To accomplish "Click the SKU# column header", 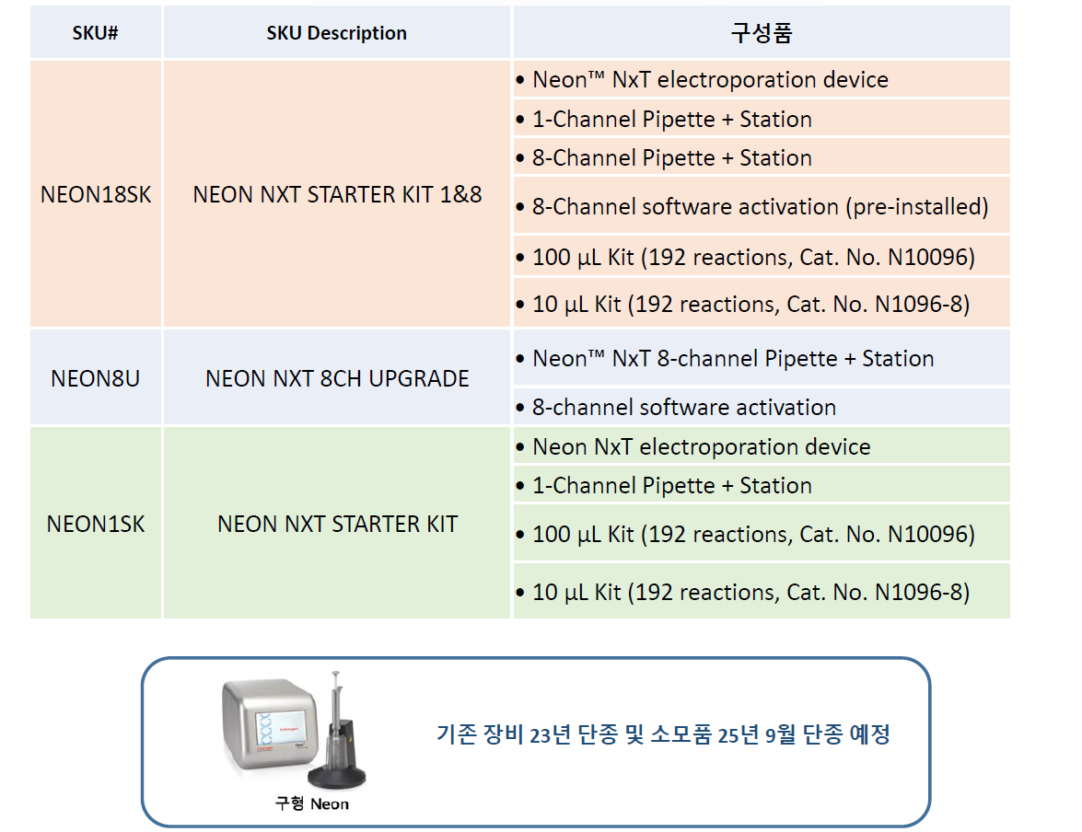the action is [x=95, y=32].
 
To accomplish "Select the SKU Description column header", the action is [x=337, y=32].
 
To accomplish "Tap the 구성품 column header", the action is [x=762, y=32].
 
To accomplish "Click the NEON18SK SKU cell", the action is [x=95, y=194].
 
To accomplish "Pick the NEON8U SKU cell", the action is [x=95, y=378].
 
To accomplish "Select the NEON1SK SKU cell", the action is [x=95, y=524].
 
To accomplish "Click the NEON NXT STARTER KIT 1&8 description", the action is [x=337, y=194].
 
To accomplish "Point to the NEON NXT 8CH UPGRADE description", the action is [x=337, y=378].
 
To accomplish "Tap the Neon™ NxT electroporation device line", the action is [x=710, y=79].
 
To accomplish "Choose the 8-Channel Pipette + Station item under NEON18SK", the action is [x=671, y=158].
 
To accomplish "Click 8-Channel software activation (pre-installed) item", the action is [x=760, y=206].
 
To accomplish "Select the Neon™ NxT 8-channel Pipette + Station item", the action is [x=733, y=359].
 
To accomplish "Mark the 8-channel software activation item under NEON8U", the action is [x=684, y=407].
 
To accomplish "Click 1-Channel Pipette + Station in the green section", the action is [x=671, y=486].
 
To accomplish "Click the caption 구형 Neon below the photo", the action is [x=312, y=803].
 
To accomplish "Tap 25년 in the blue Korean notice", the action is [x=738, y=734].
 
